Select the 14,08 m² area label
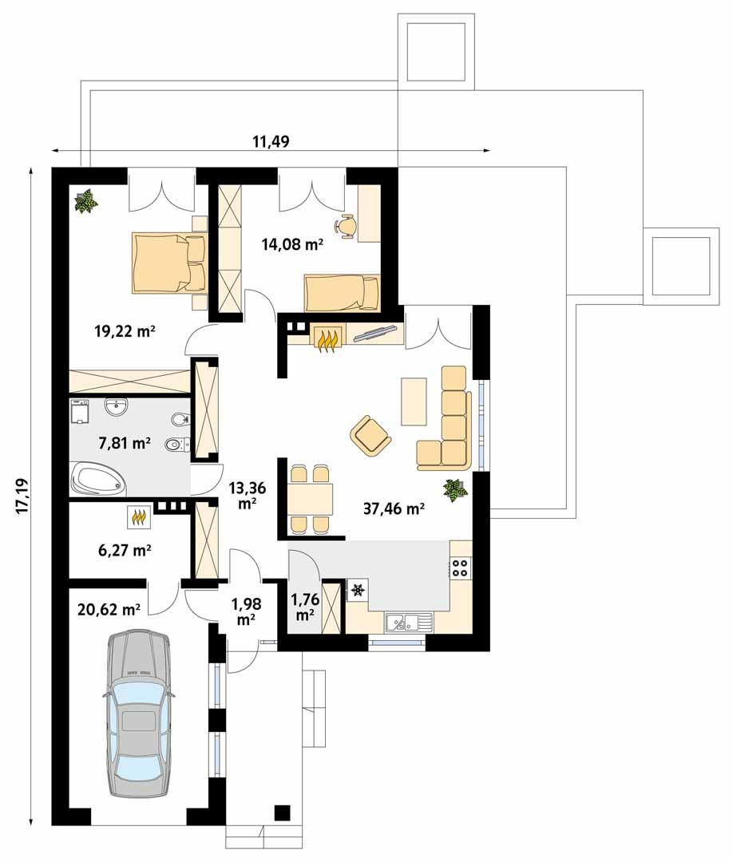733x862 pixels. pyautogui.click(x=291, y=245)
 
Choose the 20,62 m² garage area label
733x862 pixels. pyautogui.click(x=109, y=610)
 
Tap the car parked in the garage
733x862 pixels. pyautogui.click(x=138, y=714)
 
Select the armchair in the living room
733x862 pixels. pyautogui.click(x=370, y=434)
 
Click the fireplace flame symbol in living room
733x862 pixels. pyautogui.click(x=327, y=338)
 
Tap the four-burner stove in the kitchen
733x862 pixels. pyautogui.click(x=461, y=567)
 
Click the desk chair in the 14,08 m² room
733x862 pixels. pyautogui.click(x=347, y=226)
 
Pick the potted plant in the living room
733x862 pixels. pyautogui.click(x=456, y=489)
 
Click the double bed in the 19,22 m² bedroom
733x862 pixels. pyautogui.click(x=168, y=262)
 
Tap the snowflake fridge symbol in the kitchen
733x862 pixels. pyautogui.click(x=357, y=590)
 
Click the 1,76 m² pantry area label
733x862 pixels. pyautogui.click(x=303, y=607)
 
